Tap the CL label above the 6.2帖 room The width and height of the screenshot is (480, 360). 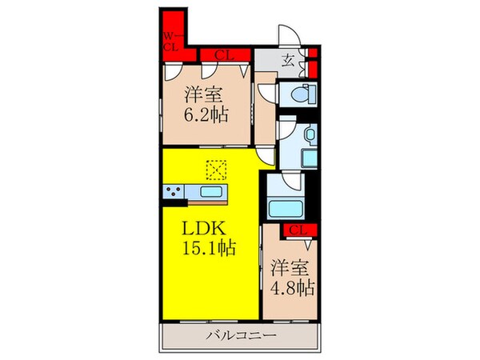click(225, 55)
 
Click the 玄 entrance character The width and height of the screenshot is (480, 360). click(289, 57)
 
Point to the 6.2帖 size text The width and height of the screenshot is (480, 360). click(206, 114)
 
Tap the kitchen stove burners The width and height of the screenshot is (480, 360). click(173, 193)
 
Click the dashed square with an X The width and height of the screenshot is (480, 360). click(216, 170)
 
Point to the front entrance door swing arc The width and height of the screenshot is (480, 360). click(288, 35)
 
